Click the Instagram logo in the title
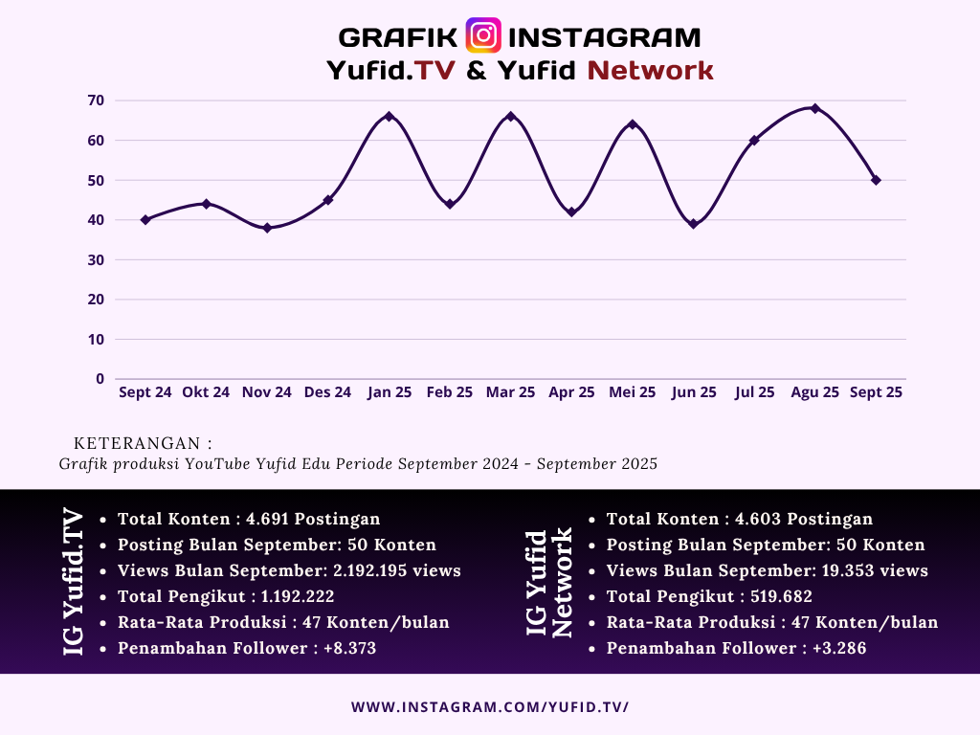click(x=483, y=35)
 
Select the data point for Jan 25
click(x=389, y=117)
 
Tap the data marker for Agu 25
click(x=815, y=108)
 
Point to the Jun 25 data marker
click(x=693, y=224)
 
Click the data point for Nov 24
click(x=267, y=228)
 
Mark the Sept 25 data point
click(x=876, y=180)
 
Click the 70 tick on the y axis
click(x=96, y=100)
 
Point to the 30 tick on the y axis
click(x=96, y=259)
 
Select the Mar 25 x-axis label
click(x=510, y=392)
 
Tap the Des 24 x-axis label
click(x=327, y=392)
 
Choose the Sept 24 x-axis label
click(x=145, y=392)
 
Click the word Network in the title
click(x=651, y=70)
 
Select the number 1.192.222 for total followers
click(x=297, y=596)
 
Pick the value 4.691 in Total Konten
click(x=267, y=519)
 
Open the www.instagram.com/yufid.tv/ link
click(x=490, y=707)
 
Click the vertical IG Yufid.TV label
click(x=74, y=583)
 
